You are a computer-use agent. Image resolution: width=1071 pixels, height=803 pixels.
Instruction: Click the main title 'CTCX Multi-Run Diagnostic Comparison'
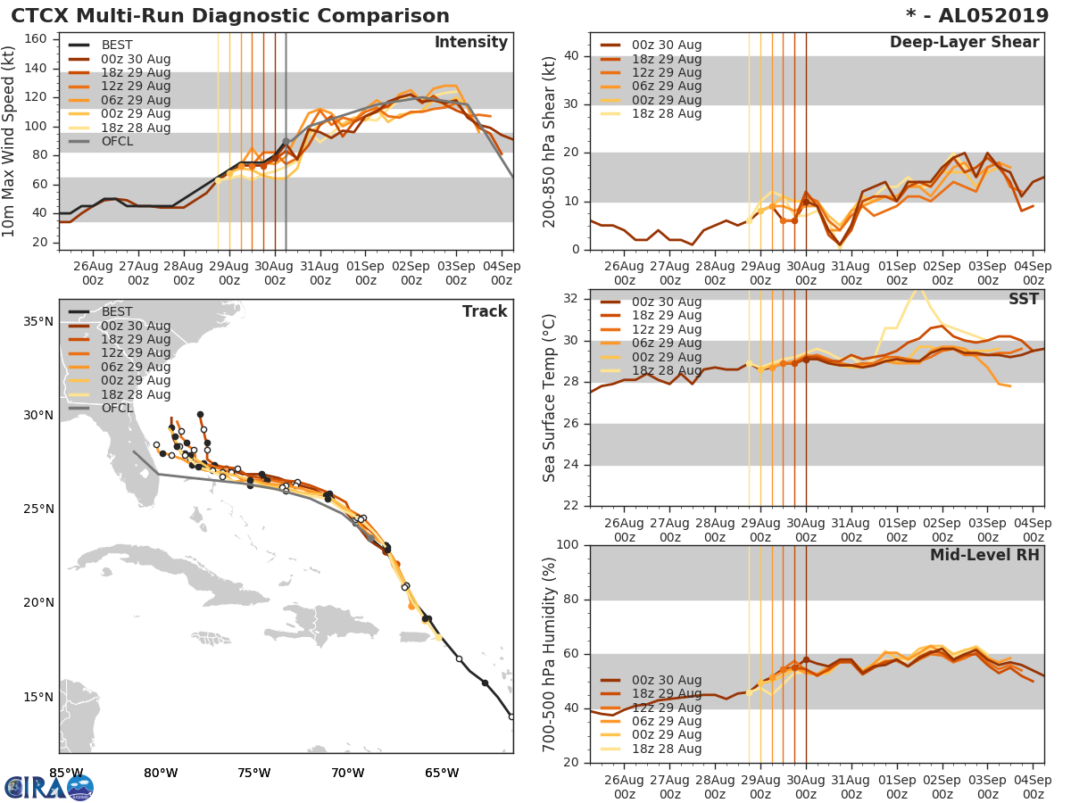(x=230, y=16)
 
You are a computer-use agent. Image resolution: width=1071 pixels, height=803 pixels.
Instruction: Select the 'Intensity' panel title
(x=470, y=43)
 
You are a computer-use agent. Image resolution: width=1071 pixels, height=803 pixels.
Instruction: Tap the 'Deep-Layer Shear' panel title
(x=964, y=43)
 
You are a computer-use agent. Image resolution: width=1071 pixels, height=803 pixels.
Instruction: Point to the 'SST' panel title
(x=1023, y=299)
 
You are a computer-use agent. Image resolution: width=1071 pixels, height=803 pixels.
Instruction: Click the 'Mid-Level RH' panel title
(x=984, y=555)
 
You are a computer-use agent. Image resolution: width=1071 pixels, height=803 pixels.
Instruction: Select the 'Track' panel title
(x=485, y=311)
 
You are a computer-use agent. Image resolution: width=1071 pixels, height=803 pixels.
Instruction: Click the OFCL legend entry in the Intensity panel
(x=118, y=141)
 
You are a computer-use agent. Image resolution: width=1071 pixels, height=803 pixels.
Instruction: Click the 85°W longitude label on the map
(x=66, y=773)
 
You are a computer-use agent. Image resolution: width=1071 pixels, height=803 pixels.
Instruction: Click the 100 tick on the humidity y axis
(x=566, y=545)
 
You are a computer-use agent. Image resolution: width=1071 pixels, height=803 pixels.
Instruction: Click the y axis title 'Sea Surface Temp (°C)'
(x=550, y=397)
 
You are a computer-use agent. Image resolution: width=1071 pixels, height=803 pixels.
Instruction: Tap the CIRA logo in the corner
(x=49, y=787)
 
